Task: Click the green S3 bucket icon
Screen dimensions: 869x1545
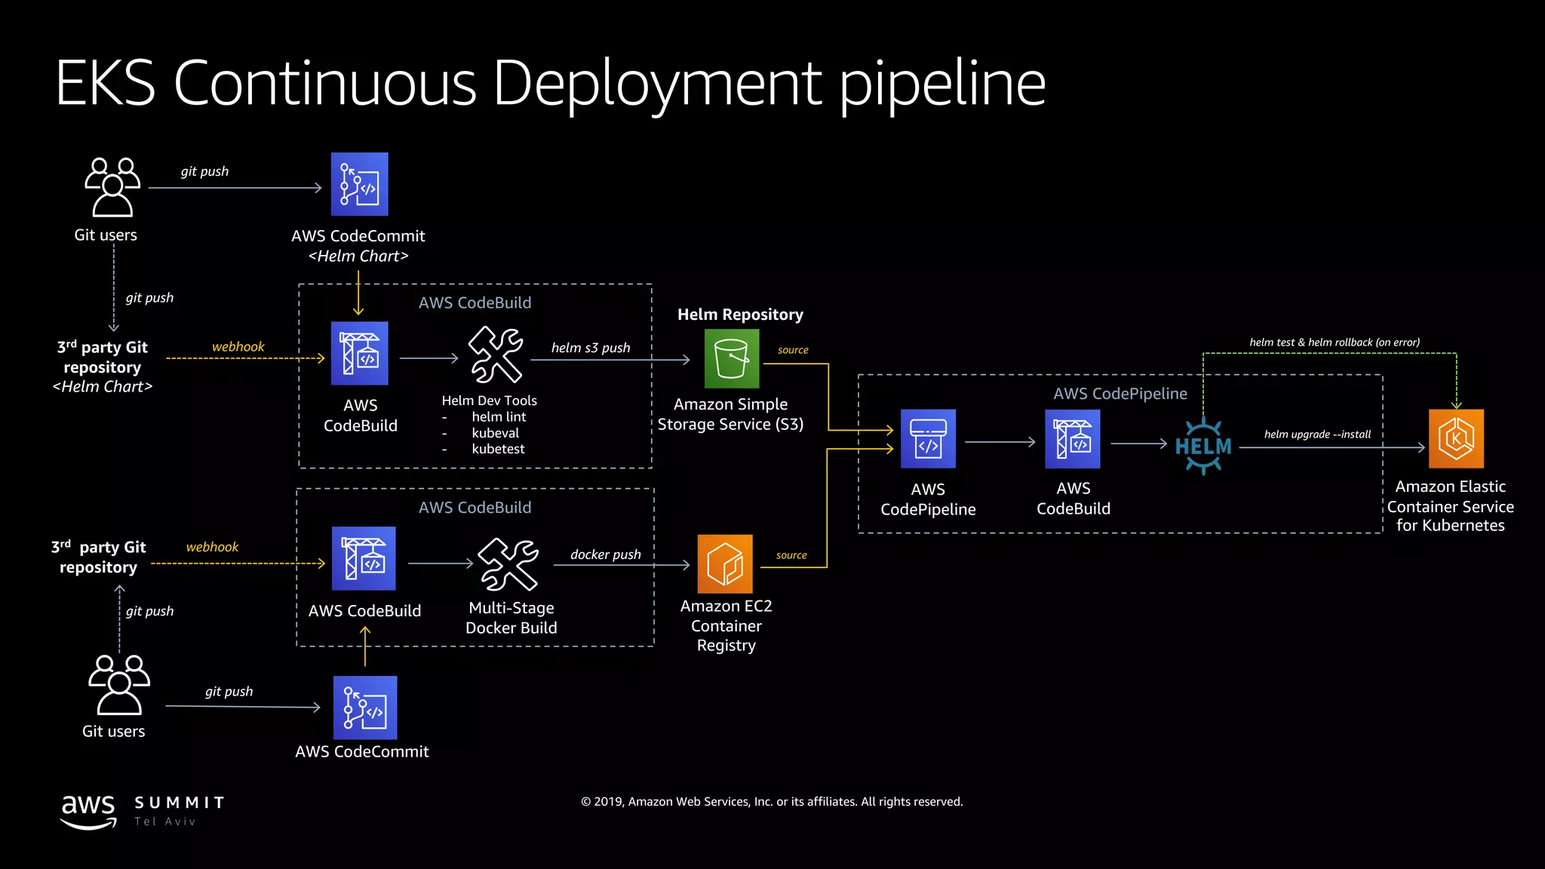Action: coord(731,358)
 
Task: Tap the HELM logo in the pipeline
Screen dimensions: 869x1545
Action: coord(1203,446)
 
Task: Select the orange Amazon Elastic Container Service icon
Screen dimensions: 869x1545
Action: coord(1456,438)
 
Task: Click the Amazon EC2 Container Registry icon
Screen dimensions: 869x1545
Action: coord(725,563)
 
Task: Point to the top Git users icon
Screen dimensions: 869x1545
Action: coord(112,187)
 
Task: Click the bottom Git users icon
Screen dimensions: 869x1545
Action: coord(118,684)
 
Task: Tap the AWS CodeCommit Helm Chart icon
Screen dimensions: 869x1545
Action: coord(360,185)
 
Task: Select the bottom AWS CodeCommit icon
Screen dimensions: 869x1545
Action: coord(365,708)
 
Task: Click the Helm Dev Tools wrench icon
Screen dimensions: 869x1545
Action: coord(496,355)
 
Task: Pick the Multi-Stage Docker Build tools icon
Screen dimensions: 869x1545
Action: coord(509,564)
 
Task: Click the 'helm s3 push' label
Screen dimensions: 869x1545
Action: coord(591,348)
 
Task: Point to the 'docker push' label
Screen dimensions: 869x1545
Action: coord(606,554)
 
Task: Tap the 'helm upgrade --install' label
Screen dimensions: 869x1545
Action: coord(1317,434)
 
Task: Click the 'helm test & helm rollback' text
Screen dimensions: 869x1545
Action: coord(1334,342)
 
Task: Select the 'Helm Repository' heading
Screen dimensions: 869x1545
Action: coord(740,315)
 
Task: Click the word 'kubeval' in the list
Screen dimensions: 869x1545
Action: coord(495,433)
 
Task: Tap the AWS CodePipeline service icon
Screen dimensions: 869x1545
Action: coord(928,439)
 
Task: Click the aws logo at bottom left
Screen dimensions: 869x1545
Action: coord(88,811)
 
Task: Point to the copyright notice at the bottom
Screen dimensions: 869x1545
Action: coord(772,802)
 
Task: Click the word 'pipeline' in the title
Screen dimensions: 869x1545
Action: coord(943,84)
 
